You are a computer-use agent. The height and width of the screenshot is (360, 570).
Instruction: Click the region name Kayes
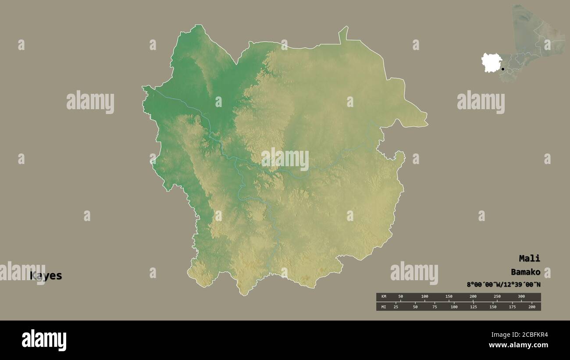[46, 276]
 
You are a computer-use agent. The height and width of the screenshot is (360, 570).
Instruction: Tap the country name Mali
[529, 258]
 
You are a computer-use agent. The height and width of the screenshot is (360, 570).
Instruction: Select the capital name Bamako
[525, 272]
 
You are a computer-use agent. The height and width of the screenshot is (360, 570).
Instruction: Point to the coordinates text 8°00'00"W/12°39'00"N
[503, 284]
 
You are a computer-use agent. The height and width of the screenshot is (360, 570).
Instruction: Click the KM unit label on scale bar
[384, 297]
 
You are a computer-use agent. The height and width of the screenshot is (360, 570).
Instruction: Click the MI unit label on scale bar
[384, 307]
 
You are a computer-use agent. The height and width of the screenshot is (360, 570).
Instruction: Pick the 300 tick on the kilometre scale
[521, 297]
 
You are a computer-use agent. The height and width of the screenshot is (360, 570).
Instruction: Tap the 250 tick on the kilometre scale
[497, 297]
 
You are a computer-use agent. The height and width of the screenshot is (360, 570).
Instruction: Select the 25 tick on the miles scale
[396, 307]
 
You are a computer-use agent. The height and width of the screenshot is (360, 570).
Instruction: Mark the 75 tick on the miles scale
[435, 307]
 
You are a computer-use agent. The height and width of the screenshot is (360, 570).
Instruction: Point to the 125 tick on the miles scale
[473, 307]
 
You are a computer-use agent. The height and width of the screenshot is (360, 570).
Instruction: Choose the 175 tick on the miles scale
[512, 307]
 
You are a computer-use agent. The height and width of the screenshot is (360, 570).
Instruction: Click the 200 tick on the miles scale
[531, 307]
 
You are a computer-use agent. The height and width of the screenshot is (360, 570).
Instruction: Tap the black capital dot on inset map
[503, 69]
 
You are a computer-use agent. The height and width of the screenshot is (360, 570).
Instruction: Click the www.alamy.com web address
[519, 345]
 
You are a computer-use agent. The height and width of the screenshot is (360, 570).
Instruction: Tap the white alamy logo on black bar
[44, 340]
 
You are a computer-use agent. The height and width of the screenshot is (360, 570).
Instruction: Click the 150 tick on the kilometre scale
[449, 297]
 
